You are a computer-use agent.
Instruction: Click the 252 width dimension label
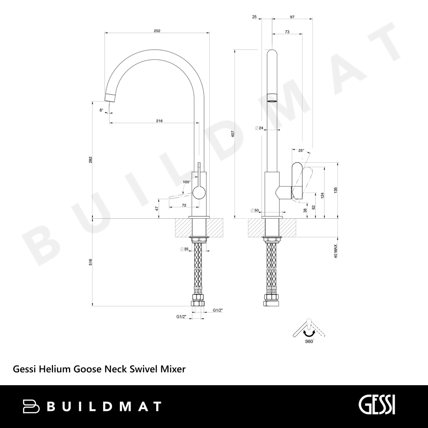(x=157, y=31)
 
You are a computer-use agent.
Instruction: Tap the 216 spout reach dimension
(x=159, y=121)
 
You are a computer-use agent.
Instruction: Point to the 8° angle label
(x=101, y=110)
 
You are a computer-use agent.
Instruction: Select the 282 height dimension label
(x=91, y=160)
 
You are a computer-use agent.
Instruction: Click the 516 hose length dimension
(x=91, y=262)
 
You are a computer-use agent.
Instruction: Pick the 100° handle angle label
(x=187, y=182)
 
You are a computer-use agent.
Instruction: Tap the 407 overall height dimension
(x=233, y=134)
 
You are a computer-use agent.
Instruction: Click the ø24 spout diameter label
(x=259, y=128)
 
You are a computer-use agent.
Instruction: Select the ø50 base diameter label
(x=254, y=210)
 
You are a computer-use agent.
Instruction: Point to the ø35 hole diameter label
(x=184, y=249)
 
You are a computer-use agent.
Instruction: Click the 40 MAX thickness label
(x=336, y=251)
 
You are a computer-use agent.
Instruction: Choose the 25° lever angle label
(x=301, y=150)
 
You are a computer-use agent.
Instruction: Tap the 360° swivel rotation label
(x=310, y=341)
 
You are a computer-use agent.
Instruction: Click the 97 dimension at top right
(x=292, y=17)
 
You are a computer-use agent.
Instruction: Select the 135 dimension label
(x=336, y=190)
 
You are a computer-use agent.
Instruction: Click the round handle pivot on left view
(x=199, y=193)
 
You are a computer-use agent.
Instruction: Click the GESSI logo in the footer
(x=377, y=406)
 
